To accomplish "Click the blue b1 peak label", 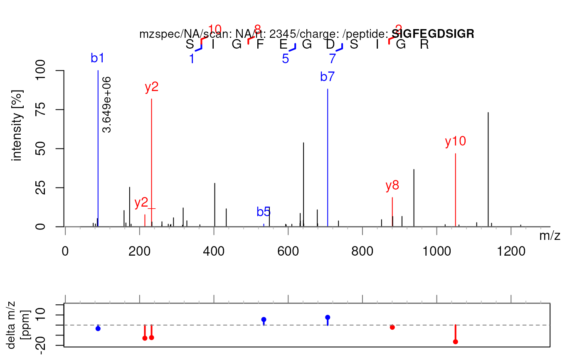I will tap(97, 59).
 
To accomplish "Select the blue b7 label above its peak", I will tap(328, 76).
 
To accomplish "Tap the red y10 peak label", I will tap(455, 142).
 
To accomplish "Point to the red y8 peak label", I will tap(392, 186).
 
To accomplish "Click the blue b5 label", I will tap(264, 212).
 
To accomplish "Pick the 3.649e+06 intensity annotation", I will tap(107, 104).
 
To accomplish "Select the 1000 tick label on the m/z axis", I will tap(436, 252).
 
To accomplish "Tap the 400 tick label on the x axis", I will tap(214, 252).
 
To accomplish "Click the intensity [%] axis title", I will tap(17, 125).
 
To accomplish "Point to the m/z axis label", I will tap(550, 236).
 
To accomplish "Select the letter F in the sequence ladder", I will tap(260, 44).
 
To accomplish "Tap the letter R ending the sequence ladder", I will tap(424, 44).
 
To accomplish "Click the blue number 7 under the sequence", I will tap(332, 59).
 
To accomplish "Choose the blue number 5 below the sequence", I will tap(285, 59).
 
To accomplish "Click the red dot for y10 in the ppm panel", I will tap(456, 342).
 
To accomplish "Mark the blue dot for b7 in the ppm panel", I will tap(328, 317).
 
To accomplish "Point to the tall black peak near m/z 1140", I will tap(488, 166).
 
